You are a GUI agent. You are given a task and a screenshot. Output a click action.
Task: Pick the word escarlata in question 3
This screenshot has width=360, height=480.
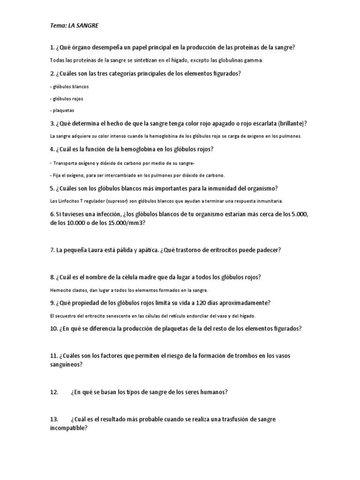point(262,124)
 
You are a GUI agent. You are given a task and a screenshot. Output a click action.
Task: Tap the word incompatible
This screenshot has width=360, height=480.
point(68,428)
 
